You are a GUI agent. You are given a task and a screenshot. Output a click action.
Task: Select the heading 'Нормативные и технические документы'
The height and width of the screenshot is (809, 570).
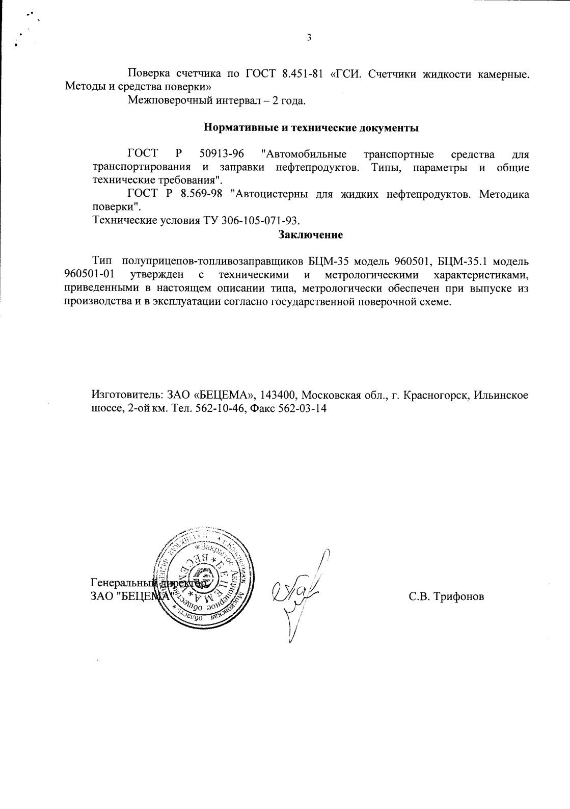311,128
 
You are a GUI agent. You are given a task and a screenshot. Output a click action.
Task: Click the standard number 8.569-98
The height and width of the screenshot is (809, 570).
202,194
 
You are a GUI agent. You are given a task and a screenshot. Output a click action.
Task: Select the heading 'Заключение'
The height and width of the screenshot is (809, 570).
310,235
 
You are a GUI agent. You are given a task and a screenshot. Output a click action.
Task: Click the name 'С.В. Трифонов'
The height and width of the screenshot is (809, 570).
446,596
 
